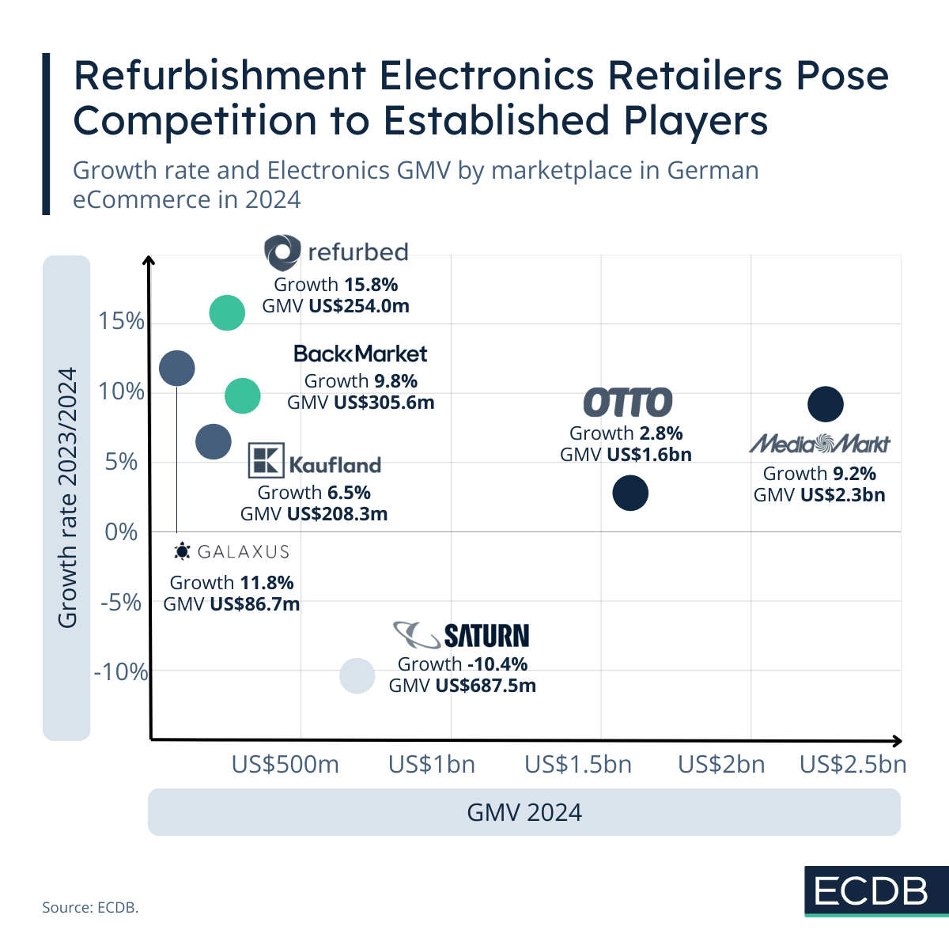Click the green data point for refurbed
point(227,313)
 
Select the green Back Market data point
point(243,395)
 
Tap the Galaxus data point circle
point(176,368)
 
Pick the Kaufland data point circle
point(213,441)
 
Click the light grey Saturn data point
point(357,675)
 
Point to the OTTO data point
point(630,493)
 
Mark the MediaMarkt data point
point(826,404)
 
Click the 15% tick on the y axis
point(122,321)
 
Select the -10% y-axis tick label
point(121,672)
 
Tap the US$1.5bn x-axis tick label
point(578,765)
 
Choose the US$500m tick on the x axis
point(285,765)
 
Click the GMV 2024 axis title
point(524,812)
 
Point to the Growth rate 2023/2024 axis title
point(67,497)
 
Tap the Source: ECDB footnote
point(90,907)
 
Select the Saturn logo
point(461,635)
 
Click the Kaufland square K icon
point(266,461)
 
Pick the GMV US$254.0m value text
point(335,305)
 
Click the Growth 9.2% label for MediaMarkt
point(819,474)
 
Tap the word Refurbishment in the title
point(219,76)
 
